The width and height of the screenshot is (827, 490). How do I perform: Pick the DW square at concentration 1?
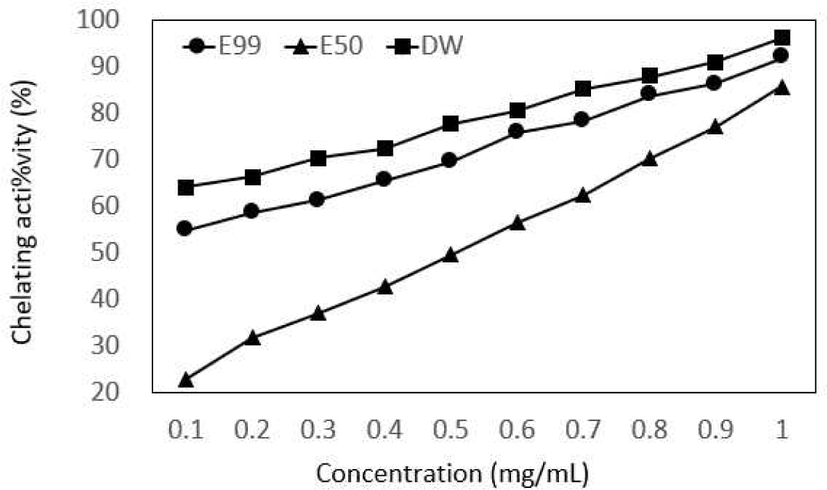tap(782, 38)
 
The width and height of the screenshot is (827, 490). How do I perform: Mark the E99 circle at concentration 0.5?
tap(450, 161)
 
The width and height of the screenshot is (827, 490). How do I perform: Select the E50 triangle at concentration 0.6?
tap(517, 223)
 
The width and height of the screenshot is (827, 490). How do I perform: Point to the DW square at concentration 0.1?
tap(185, 187)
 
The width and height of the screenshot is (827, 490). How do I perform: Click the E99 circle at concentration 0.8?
tap(649, 93)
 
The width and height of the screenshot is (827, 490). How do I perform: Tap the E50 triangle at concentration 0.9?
tap(715, 127)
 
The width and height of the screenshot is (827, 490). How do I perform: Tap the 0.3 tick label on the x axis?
tap(318, 429)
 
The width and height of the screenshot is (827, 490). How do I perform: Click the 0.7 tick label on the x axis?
tap(583, 429)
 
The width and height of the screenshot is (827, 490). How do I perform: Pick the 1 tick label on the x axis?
tap(782, 429)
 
